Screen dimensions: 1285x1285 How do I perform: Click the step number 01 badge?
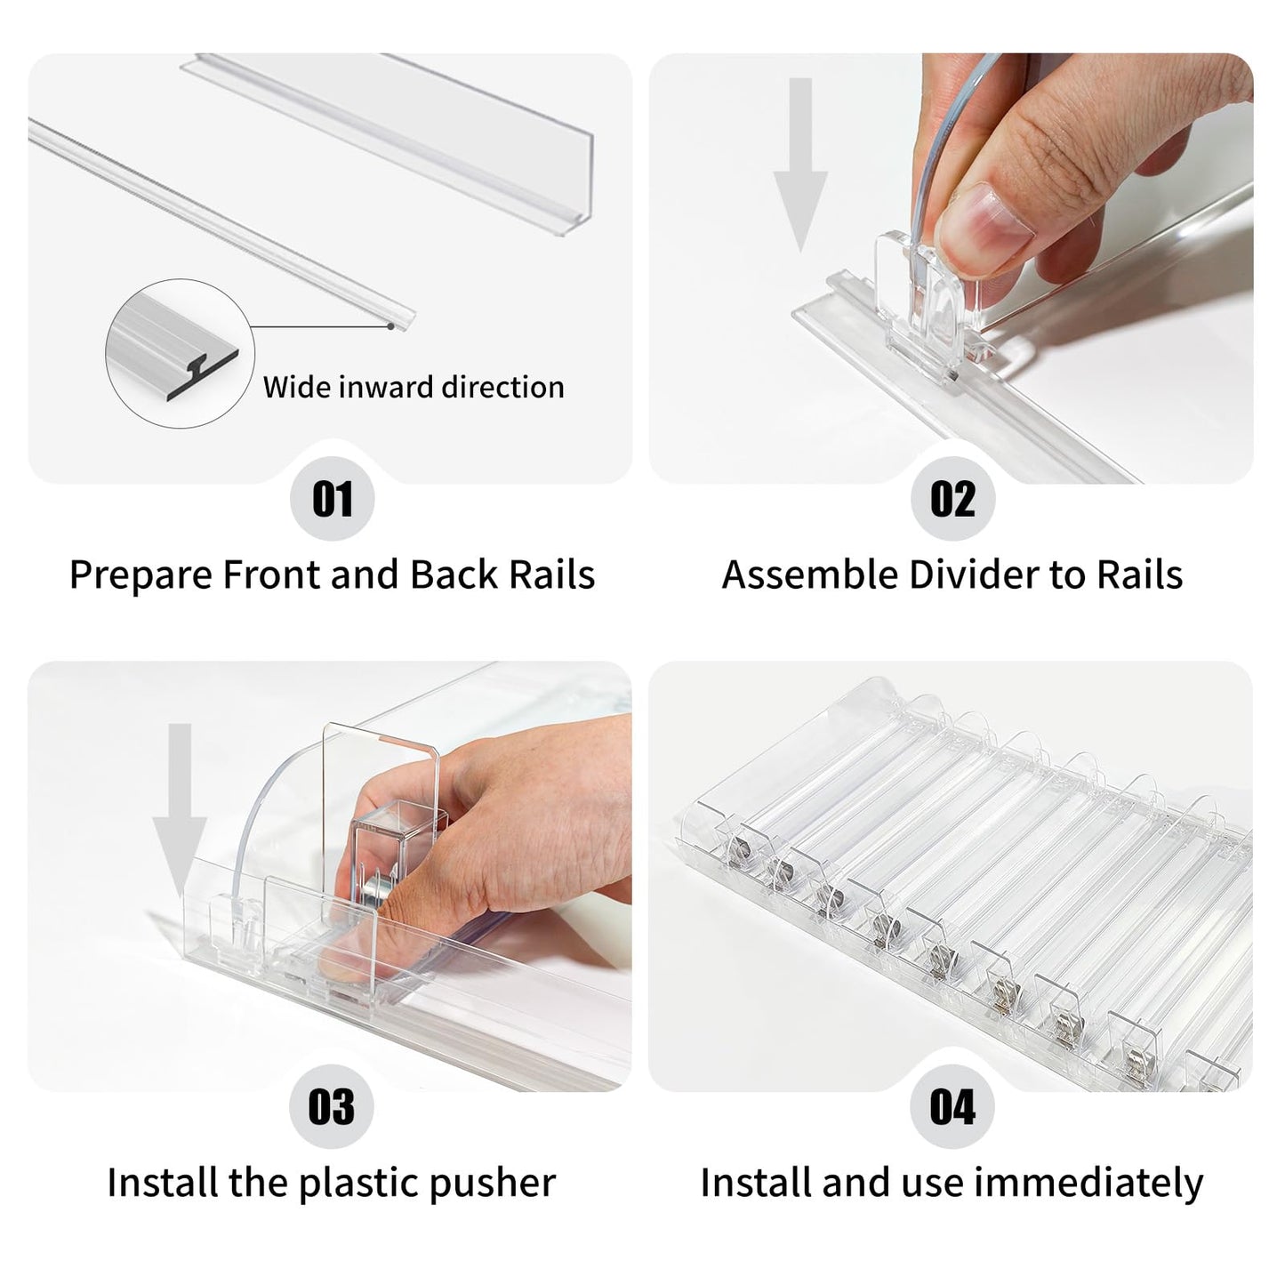pyautogui.click(x=332, y=499)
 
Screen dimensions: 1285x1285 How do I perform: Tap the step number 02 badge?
pyautogui.click(x=953, y=499)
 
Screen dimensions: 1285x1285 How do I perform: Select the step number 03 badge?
pyautogui.click(x=332, y=1107)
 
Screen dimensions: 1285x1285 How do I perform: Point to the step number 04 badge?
pyautogui.click(x=952, y=1107)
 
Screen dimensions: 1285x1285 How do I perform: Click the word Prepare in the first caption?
pyautogui.click(x=141, y=575)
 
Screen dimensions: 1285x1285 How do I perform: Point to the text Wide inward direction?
pyautogui.click(x=414, y=387)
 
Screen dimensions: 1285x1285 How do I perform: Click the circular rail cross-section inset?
pyautogui.click(x=180, y=353)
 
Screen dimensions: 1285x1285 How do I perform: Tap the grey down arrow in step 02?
pyautogui.click(x=800, y=165)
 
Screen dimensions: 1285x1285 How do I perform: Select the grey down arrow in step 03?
pyautogui.click(x=180, y=811)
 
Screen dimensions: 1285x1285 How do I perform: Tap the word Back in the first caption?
pyautogui.click(x=454, y=574)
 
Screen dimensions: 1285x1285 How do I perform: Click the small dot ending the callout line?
pyautogui.click(x=390, y=326)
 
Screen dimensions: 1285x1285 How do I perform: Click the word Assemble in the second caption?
pyautogui.click(x=809, y=574)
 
